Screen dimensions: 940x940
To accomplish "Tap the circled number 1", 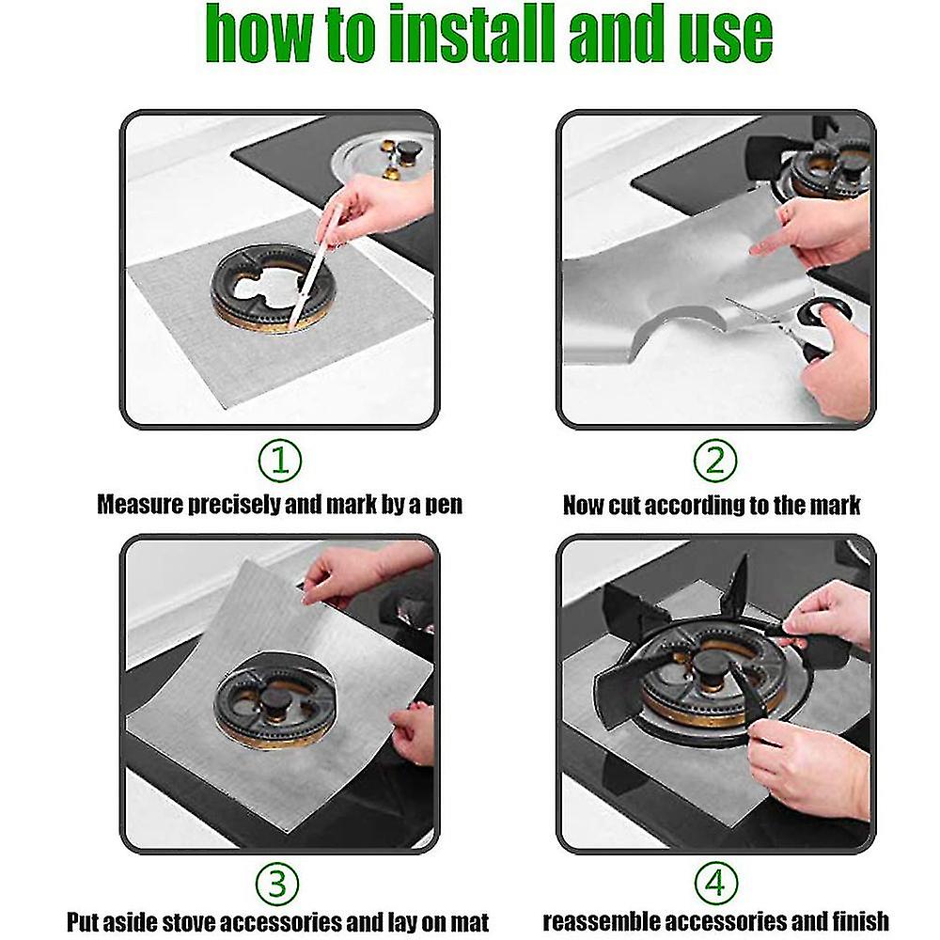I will (280, 461).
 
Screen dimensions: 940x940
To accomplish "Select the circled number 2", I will (714, 461).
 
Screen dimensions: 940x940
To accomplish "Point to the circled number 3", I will (280, 885).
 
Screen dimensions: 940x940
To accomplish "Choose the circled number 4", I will (714, 885).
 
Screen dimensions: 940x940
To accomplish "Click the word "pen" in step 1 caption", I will (442, 506).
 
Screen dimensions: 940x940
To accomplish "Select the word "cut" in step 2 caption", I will (621, 506).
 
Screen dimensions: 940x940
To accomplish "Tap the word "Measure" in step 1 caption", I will (143, 506).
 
